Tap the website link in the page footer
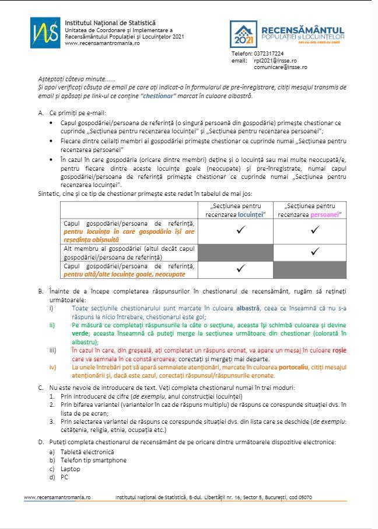[x=57, y=497]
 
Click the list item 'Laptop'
[x=71, y=468]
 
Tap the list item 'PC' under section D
[x=65, y=476]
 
